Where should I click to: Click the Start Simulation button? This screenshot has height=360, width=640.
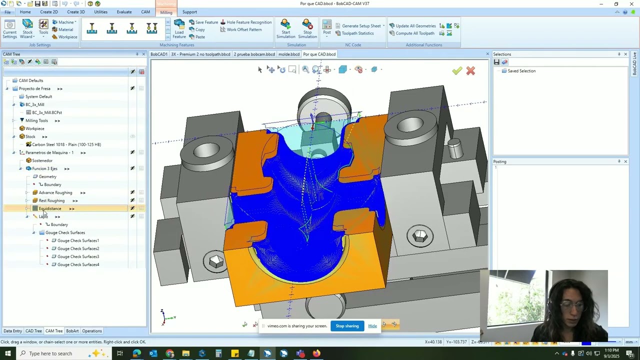285,29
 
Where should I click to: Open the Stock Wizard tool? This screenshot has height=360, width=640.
27,29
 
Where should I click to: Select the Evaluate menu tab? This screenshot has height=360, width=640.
124,12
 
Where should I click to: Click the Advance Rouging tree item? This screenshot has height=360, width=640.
55,192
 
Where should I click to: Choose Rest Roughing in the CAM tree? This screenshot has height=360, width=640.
51,200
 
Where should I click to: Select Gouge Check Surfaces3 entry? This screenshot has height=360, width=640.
78,256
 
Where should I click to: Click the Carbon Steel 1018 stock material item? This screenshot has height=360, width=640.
66,144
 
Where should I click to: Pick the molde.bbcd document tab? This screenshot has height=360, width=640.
288,54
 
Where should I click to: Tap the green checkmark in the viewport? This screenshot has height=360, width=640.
457,71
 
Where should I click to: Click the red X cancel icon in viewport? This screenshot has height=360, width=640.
470,71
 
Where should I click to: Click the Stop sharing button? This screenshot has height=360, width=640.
347,326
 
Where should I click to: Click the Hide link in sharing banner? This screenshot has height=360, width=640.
372,326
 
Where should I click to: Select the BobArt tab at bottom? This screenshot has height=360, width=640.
72,331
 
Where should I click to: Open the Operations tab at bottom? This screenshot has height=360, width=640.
92,331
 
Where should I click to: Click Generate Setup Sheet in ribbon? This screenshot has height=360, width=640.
361,26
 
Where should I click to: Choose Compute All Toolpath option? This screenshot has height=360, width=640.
415,33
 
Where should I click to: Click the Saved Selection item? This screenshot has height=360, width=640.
521,71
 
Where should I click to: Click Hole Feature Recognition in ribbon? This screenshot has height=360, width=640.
249,22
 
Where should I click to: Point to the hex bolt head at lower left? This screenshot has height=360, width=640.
216,261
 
